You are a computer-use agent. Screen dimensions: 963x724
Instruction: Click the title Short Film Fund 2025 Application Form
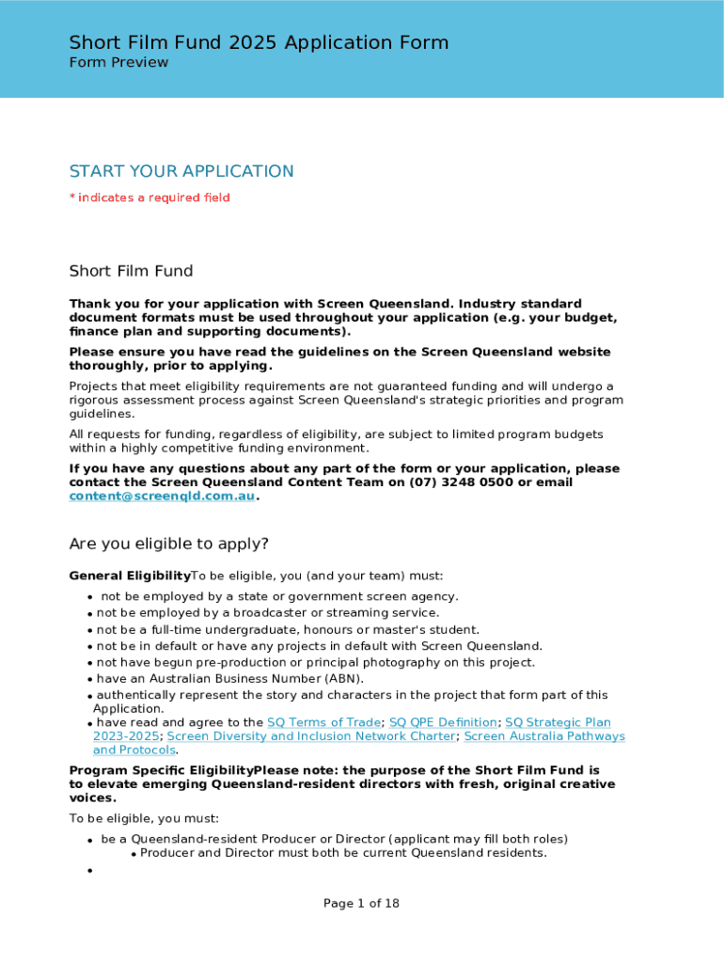pos(259,42)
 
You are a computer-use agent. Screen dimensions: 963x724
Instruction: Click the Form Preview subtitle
pos(118,62)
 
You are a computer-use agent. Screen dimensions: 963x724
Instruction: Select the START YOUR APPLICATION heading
pos(181,171)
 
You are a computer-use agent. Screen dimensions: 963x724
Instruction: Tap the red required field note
pos(150,197)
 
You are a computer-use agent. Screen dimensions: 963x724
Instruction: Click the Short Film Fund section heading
pos(131,271)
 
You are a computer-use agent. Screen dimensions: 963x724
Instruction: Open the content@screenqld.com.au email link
pos(162,496)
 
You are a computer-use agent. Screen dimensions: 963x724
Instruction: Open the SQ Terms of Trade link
pos(324,722)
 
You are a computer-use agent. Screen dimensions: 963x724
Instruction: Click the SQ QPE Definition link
pos(443,722)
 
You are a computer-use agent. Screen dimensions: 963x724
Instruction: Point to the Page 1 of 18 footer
pos(361,903)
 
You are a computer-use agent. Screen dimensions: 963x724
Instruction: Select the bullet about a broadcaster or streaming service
pos(268,612)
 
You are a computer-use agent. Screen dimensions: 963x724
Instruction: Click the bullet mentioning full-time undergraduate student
pos(288,629)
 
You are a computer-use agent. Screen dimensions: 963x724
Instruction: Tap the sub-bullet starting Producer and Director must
pos(343,853)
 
